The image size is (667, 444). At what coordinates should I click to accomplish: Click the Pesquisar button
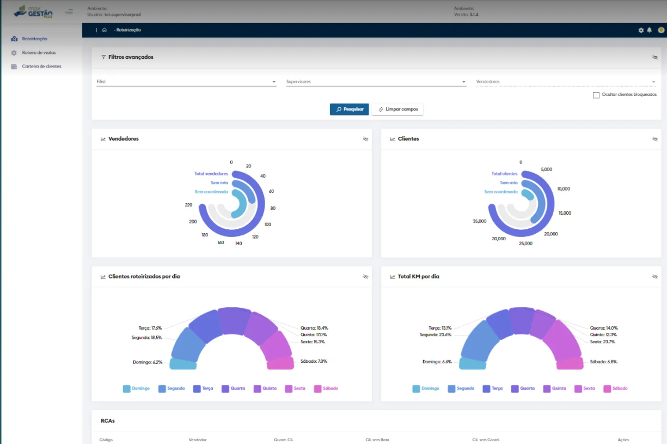tap(349, 110)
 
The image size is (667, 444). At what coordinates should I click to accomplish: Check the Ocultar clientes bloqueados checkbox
tap(596, 95)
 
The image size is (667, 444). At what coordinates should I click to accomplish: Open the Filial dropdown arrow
tap(274, 82)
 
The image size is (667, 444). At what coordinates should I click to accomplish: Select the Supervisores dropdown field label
tap(299, 82)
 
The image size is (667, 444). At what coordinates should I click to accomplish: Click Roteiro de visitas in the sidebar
tap(39, 53)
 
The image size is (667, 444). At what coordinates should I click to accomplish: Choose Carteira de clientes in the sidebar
tap(41, 66)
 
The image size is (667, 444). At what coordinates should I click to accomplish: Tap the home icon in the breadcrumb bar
tap(104, 30)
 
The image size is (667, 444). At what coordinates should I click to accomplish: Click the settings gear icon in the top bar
tap(641, 31)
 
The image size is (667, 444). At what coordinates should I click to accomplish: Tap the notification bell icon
tap(649, 31)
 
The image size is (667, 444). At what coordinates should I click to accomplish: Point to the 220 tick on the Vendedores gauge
tap(189, 205)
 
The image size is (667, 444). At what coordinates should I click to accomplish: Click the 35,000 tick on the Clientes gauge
tap(479, 222)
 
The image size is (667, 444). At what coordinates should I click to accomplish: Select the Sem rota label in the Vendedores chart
tap(219, 183)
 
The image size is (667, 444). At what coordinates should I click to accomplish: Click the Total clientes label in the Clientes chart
tap(504, 174)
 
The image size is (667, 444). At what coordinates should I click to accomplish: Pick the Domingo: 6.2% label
tap(148, 362)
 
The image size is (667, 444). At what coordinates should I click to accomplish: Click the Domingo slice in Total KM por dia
tap(472, 364)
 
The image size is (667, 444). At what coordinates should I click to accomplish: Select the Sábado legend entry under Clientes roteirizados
tap(326, 388)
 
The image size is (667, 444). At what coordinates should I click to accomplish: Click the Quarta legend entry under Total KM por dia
tap(523, 388)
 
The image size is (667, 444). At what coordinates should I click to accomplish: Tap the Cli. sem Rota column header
tap(377, 440)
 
